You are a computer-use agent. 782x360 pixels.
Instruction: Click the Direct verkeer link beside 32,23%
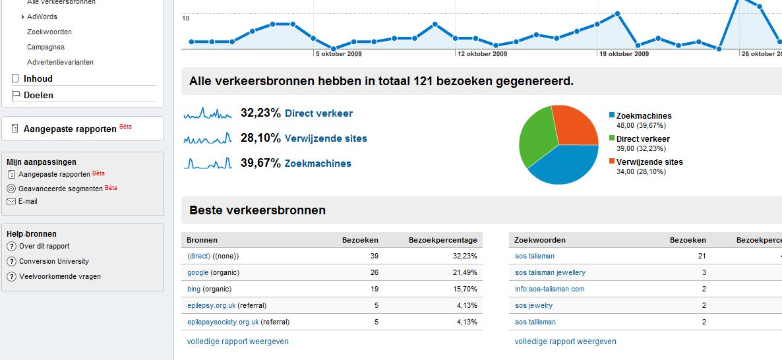318,113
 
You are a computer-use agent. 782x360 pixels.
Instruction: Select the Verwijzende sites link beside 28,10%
326,138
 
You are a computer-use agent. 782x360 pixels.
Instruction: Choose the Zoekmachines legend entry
644,116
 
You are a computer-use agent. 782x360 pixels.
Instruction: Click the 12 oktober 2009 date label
482,54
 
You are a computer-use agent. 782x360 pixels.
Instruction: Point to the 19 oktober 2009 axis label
624,54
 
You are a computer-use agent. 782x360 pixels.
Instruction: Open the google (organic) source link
198,272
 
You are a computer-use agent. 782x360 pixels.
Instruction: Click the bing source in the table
194,289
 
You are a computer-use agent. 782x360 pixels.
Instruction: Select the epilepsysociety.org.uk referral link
223,322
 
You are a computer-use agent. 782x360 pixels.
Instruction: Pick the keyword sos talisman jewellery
550,272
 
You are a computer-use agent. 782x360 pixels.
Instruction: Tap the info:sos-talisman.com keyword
549,289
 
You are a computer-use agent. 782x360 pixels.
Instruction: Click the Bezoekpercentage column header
442,240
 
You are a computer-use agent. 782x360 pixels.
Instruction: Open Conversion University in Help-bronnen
54,261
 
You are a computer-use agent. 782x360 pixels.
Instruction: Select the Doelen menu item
38,95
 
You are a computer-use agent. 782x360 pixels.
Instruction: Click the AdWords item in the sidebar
42,16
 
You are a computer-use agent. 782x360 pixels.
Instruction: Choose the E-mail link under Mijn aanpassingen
28,201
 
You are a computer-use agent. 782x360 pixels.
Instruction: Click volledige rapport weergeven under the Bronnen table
238,342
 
